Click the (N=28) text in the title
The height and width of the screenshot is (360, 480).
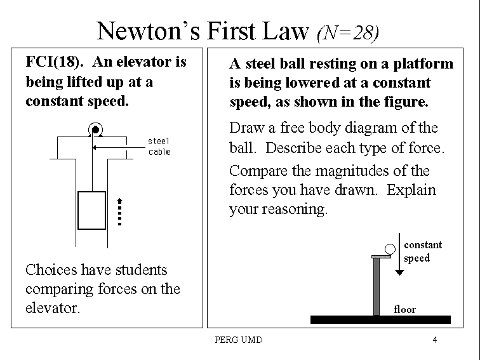347,32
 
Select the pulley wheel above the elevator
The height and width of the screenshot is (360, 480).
95,130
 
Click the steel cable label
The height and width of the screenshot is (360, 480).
159,146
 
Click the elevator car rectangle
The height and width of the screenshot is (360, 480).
91,210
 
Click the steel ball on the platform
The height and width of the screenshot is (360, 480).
390,248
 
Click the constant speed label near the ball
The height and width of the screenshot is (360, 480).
422,251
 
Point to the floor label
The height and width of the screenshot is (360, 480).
404,310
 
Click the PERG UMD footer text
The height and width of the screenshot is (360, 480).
239,340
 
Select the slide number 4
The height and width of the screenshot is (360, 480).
435,340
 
